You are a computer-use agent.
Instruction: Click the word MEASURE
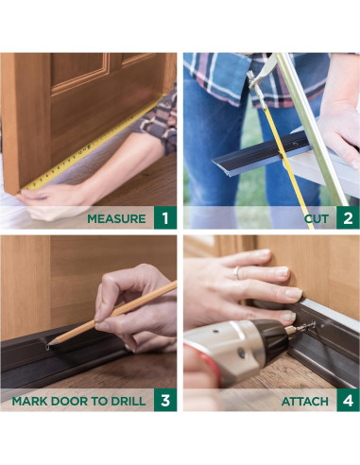pos(116,218)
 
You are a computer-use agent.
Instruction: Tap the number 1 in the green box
pos(165,218)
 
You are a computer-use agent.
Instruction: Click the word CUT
pos(317,218)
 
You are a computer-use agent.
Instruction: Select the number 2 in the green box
pos(348,218)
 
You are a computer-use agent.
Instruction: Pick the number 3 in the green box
pos(165,401)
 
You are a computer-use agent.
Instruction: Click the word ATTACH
pos(305,402)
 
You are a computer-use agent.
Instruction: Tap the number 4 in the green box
pos(348,401)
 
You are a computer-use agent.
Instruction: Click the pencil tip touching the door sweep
pos(48,346)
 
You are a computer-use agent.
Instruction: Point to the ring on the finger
pos(237,273)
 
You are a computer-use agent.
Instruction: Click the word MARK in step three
pos(29,401)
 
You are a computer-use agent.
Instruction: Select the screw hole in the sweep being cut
pos(296,144)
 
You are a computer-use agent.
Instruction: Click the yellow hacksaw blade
pos(286,164)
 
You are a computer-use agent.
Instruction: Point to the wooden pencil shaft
pos(114,312)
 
